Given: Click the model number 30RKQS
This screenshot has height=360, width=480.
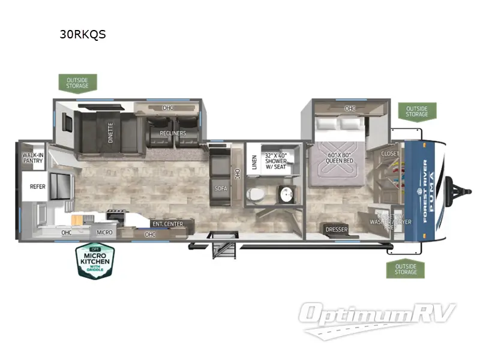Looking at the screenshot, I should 83,34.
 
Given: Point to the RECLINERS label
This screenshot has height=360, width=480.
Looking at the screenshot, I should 173,133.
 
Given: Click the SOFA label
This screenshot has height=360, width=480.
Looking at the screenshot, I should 220,188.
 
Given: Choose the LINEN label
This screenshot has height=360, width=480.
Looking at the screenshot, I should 254,163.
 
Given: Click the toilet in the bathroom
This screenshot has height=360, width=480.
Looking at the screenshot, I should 254,194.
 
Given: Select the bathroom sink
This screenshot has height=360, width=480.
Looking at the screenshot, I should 284,195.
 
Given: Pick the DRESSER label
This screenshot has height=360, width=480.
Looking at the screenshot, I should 337,229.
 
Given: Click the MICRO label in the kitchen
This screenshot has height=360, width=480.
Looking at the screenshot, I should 105,232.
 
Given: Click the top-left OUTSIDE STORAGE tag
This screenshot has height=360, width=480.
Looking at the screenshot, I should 77,82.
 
